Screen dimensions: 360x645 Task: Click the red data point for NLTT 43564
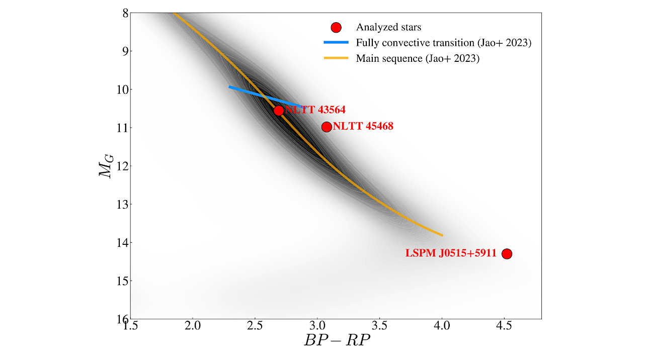coord(279,111)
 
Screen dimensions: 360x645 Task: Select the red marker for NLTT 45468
coord(327,127)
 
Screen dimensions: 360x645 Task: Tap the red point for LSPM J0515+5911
coord(507,254)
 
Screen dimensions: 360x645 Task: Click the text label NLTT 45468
coord(363,127)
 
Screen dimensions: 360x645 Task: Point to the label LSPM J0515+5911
coord(451,253)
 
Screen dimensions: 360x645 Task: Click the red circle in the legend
coord(336,28)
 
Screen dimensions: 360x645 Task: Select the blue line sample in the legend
coord(336,43)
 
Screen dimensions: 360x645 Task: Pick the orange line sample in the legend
coord(336,59)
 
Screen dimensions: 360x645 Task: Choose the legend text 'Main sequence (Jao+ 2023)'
coord(418,59)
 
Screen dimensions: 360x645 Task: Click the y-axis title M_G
coord(107,165)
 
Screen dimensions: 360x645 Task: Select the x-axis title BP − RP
coord(337,340)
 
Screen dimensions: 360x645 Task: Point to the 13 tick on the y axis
coord(121,204)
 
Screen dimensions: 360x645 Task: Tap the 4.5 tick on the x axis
coord(504,326)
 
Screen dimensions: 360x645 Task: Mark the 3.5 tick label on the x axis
coord(379,326)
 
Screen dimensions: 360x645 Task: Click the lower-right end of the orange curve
coord(442,235)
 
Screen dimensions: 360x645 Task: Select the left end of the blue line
coord(229,87)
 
